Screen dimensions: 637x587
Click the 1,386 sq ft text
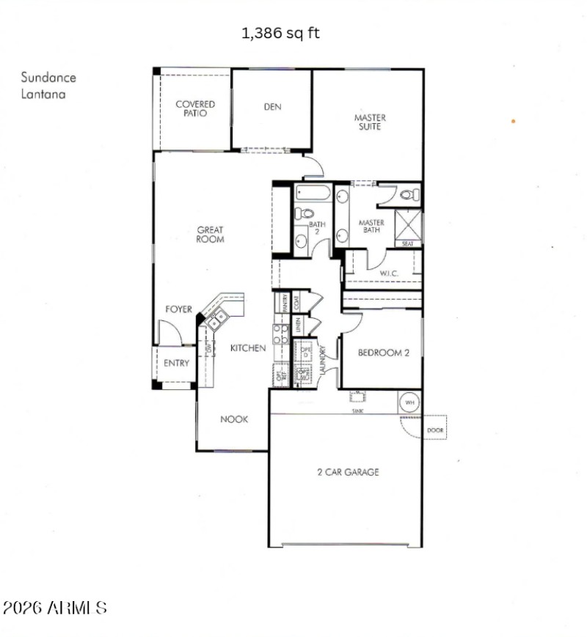pos(281,33)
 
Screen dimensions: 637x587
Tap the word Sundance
pos(48,77)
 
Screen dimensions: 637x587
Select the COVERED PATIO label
pos(195,109)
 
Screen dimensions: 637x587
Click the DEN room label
pos(272,107)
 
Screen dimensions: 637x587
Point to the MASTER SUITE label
pos(370,122)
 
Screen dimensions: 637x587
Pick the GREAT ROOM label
pos(210,235)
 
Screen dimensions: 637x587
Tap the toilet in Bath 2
pos(301,214)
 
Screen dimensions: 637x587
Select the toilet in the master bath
pos(409,195)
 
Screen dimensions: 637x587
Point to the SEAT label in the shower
pos(408,243)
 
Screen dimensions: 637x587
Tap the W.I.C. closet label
pos(389,274)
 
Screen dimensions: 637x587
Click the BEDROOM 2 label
pos(383,353)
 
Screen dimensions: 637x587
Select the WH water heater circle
pos(409,402)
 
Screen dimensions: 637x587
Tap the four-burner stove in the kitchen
pos(281,335)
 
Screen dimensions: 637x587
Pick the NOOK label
pos(235,419)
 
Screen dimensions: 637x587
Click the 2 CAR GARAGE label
pos(347,472)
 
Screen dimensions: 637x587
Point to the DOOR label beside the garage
pos(435,430)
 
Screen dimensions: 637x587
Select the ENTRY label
pos(176,363)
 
